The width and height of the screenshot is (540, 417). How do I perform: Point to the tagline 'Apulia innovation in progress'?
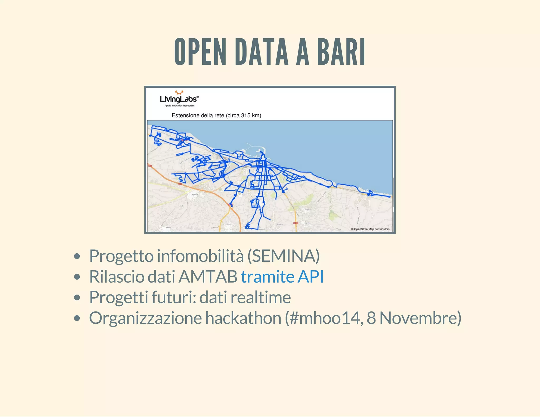(x=180, y=106)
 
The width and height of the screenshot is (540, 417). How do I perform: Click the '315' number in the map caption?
(x=245, y=115)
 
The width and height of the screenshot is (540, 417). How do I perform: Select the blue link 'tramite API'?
(x=282, y=277)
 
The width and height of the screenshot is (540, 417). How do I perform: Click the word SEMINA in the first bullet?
(x=283, y=256)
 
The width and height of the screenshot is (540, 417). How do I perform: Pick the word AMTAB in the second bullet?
(x=208, y=277)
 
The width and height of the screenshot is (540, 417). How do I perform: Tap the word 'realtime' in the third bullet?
(x=261, y=297)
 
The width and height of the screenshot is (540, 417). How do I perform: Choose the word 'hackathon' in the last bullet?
(x=243, y=318)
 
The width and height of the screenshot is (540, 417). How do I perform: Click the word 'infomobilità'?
(x=200, y=256)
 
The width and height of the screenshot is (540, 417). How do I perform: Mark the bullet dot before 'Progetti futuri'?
(x=77, y=298)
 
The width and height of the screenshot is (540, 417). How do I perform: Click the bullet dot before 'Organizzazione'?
(x=77, y=318)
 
